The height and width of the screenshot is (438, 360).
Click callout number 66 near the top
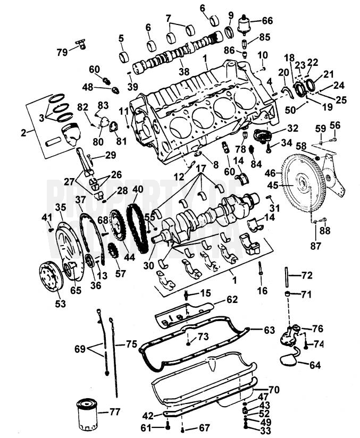pyautogui.click(x=267, y=21)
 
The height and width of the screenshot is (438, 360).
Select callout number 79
pyautogui.click(x=62, y=52)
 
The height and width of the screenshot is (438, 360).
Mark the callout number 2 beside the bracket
pyautogui.click(x=23, y=132)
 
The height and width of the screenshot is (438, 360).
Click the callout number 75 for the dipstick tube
pyautogui.click(x=131, y=344)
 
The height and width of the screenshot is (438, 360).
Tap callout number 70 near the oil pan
pyautogui.click(x=274, y=390)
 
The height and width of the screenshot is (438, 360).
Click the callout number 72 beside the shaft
pyautogui.click(x=306, y=276)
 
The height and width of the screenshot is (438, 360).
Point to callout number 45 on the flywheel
pyautogui.click(x=288, y=186)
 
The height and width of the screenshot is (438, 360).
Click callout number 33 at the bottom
pyautogui.click(x=264, y=430)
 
